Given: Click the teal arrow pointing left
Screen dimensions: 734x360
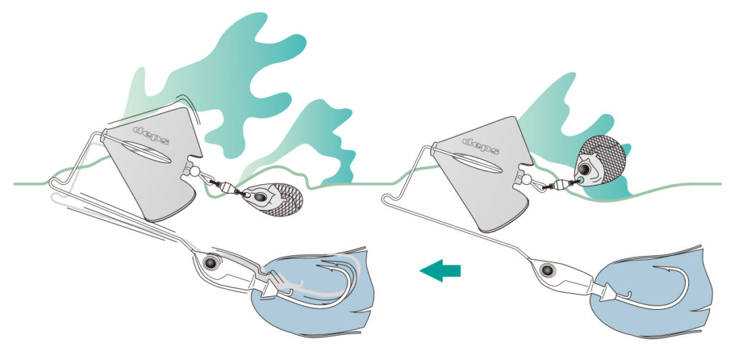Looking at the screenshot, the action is tap(439, 270).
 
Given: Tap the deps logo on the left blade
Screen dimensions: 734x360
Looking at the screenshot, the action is tap(151, 136).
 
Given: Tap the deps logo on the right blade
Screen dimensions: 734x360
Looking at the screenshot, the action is tap(481, 146).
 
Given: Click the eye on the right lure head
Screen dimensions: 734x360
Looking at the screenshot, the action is tap(545, 270).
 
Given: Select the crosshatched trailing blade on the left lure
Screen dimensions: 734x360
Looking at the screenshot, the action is tap(273, 199).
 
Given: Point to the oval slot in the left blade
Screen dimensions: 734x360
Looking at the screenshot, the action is tap(146, 152).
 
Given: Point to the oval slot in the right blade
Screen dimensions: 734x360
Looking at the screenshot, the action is tap(477, 163).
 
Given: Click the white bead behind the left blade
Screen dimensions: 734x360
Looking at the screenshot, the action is tap(195, 172).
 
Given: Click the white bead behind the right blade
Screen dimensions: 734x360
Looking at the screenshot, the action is tap(525, 179).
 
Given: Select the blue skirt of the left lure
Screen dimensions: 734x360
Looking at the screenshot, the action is tap(314, 290).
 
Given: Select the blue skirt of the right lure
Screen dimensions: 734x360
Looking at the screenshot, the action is tap(652, 292).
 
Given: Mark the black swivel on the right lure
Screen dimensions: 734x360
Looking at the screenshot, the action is tap(553, 186).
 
